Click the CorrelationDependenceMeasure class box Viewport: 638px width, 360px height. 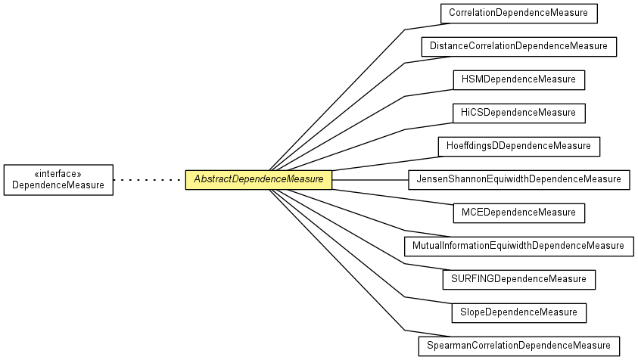(519, 13)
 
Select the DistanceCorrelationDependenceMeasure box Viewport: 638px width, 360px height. (518, 46)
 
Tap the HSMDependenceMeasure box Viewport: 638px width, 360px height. (518, 79)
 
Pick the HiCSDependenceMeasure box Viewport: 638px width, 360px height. (518, 113)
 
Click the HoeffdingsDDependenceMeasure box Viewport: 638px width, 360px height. (518, 146)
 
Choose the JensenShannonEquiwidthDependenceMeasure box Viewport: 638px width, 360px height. (518, 179)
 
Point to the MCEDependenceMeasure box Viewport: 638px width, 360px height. (518, 213)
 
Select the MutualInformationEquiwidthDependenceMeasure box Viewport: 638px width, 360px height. (518, 246)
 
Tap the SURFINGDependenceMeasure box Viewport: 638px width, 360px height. (518, 279)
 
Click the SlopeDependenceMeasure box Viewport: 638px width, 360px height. (518, 312)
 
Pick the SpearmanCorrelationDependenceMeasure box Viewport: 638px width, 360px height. (518, 346)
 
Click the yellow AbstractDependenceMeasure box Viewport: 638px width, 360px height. (259, 179)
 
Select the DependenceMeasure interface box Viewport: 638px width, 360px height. (58, 179)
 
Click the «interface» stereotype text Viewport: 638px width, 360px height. (58, 173)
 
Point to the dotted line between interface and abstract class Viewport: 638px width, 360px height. (149, 180)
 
